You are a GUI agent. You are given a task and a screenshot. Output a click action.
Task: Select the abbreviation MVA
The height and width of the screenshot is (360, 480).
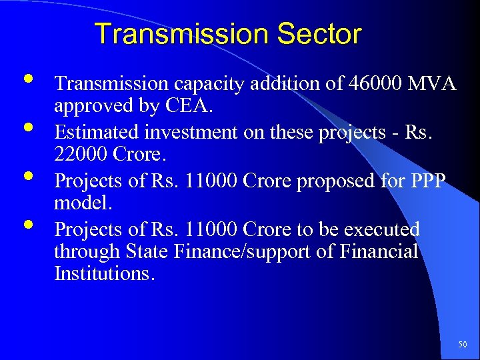point(431,84)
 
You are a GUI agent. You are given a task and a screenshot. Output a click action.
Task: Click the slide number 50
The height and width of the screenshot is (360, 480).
point(463,345)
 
